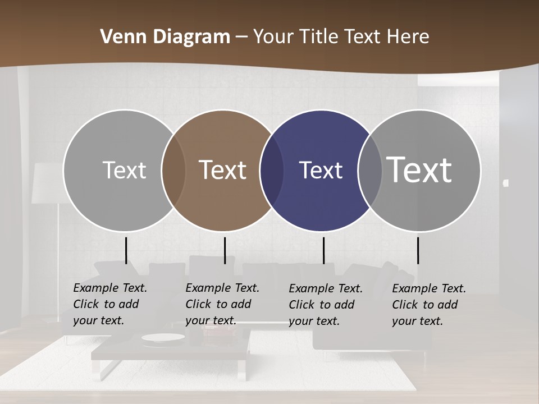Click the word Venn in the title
pos(116,37)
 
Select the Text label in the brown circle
pos(223,170)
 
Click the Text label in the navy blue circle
pos(321,170)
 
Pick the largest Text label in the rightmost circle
pos(419,170)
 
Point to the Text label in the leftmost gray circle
pos(124,170)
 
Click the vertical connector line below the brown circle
pos(225,250)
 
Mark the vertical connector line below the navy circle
pos(323,250)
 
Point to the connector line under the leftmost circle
pos(126,250)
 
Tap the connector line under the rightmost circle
pos(418,250)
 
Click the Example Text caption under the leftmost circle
pos(109,304)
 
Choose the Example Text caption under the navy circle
pos(325,305)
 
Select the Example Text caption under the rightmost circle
pos(428,305)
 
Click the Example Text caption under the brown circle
pos(222,304)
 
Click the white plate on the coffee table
pos(159,338)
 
